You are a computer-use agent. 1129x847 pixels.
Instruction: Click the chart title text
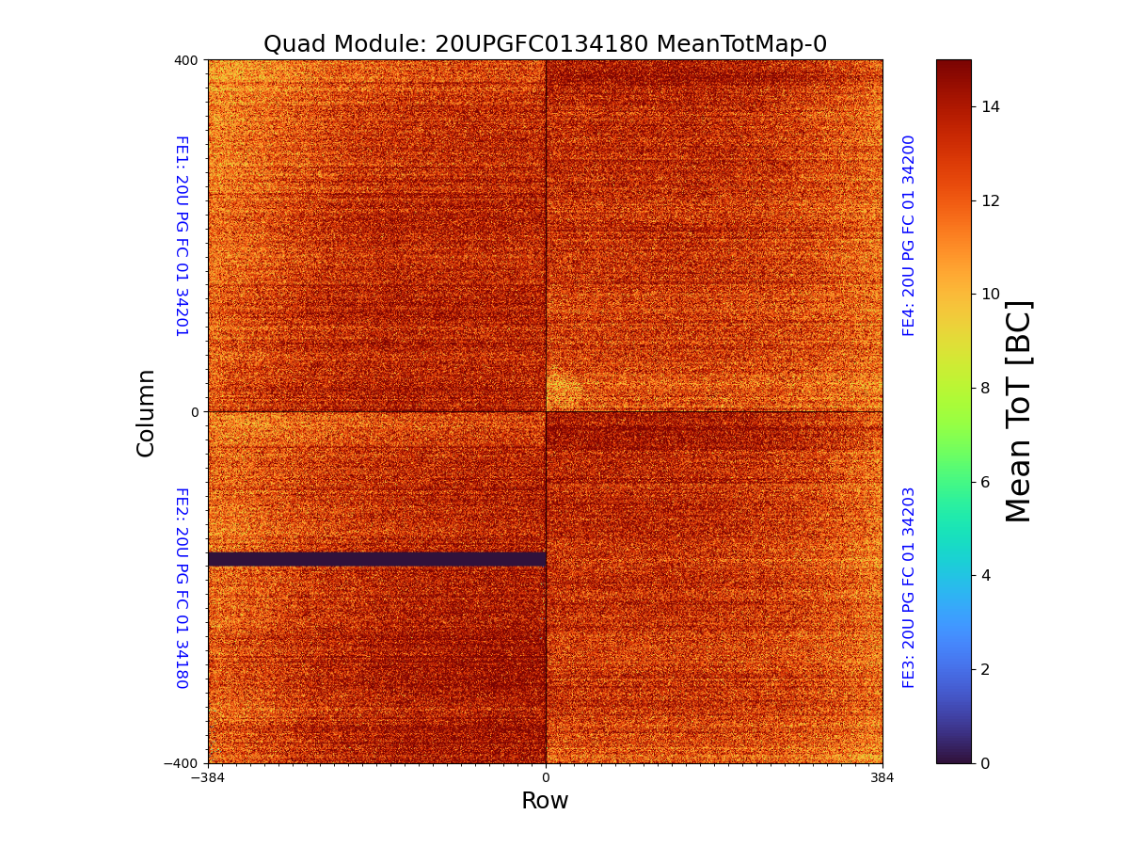pos(545,44)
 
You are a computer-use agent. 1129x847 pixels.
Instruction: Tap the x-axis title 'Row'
pos(545,801)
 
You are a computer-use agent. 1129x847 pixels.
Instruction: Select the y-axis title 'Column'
pos(146,412)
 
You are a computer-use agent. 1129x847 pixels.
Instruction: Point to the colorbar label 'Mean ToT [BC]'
pos(1019,411)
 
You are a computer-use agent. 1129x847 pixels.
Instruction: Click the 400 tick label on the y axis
pos(186,60)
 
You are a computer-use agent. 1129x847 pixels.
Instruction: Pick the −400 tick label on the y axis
pos(182,763)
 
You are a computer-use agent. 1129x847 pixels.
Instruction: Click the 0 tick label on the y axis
pos(195,412)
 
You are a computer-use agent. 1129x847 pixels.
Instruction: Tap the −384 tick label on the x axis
pos(208,778)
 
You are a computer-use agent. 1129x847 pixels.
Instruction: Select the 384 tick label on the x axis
pos(883,778)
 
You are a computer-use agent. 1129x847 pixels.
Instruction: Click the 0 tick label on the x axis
pos(546,778)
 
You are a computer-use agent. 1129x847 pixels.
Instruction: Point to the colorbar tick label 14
pos(990,106)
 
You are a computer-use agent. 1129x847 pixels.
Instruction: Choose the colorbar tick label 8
pos(986,388)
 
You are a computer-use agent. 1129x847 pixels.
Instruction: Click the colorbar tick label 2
pos(986,669)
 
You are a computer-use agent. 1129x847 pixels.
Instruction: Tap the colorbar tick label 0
pos(986,763)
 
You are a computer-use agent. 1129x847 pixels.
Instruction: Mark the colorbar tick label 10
pos(990,294)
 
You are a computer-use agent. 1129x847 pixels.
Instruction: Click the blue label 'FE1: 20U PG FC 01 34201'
pos(182,236)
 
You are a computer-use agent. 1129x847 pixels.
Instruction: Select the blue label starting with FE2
pos(182,587)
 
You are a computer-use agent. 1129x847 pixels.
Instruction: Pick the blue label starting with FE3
pos(909,587)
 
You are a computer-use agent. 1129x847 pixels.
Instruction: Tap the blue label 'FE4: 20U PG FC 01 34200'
pos(909,235)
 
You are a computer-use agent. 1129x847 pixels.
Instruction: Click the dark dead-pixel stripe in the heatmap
pos(376,559)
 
